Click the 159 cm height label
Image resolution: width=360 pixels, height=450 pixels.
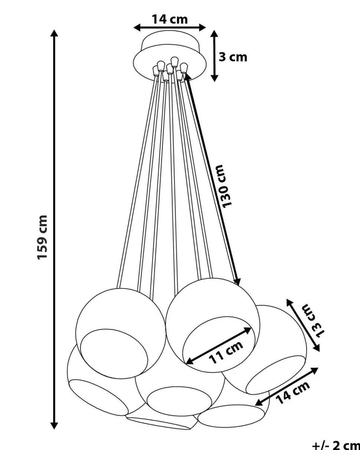(x=43, y=237)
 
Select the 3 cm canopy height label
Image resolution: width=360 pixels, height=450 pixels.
(x=233, y=57)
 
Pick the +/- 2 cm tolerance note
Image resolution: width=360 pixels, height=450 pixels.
(x=336, y=445)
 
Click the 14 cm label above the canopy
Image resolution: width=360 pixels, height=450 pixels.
(x=170, y=19)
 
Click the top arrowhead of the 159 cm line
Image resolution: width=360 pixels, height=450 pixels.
(x=55, y=33)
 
